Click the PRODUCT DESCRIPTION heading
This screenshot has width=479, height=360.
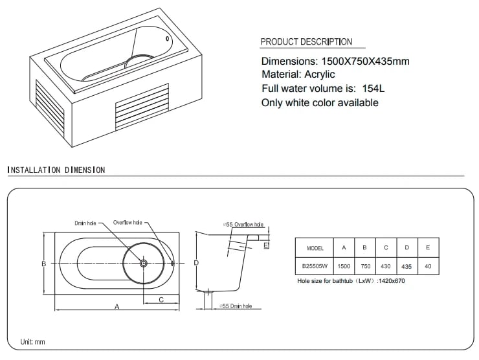click(306, 41)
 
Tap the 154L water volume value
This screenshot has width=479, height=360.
click(373, 88)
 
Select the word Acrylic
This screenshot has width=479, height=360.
click(320, 74)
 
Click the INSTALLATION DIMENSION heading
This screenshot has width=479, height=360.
click(56, 170)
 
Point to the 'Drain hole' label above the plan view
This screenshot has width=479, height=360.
click(85, 223)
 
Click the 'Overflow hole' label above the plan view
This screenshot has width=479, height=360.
click(128, 223)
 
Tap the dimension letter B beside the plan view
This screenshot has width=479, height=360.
click(44, 264)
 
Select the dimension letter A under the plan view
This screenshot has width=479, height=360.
click(117, 306)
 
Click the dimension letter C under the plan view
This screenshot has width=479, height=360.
click(161, 300)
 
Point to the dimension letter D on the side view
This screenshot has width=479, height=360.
click(196, 262)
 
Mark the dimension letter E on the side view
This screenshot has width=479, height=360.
click(266, 245)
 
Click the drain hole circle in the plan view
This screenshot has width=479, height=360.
click(143, 263)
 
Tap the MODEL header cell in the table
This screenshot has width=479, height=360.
click(315, 248)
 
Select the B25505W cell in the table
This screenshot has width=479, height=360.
click(315, 266)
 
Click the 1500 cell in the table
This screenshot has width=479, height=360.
click(344, 266)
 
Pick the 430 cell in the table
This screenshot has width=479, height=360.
click(386, 266)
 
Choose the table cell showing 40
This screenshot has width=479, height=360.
click(428, 266)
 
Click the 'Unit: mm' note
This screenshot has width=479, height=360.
click(32, 342)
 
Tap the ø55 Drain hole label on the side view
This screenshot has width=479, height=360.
click(236, 306)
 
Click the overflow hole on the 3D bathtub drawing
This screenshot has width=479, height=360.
click(167, 38)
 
